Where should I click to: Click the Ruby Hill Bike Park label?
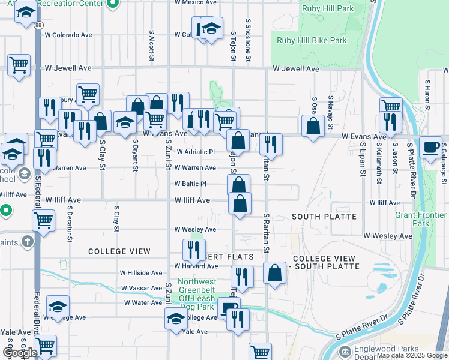(312, 41)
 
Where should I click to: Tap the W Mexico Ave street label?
(194, 2)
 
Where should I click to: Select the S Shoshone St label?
(247, 39)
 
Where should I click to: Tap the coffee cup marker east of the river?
(430, 148)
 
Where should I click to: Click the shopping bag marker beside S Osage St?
(313, 127)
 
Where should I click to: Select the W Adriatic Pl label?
(194, 152)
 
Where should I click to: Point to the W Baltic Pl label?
(190, 184)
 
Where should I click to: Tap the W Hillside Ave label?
(141, 272)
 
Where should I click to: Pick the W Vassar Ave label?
(142, 288)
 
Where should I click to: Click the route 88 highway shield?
(38, 25)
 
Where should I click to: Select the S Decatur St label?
(70, 224)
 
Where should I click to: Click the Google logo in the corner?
(20, 353)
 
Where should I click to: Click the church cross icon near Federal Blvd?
(26, 242)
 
